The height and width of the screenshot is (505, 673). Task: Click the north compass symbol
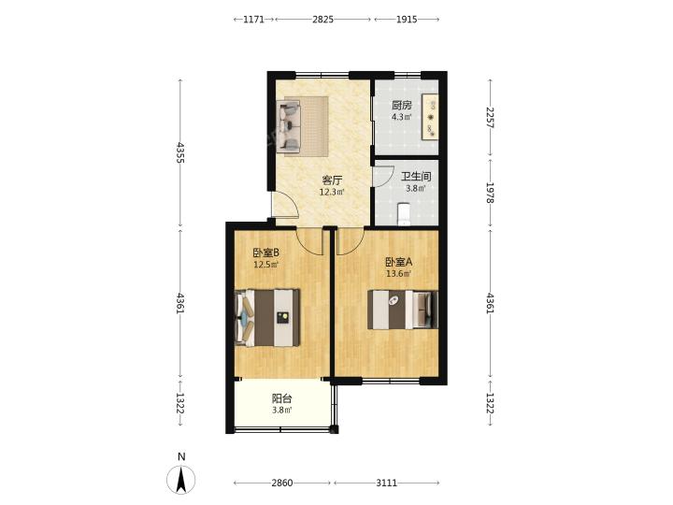point(181,479)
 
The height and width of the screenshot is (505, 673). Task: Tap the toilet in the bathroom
point(404,214)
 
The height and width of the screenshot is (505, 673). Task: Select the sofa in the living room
point(289,125)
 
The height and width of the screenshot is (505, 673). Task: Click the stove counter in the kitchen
point(430,116)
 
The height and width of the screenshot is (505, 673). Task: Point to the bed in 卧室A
point(403,310)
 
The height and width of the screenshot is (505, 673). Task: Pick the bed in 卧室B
point(267,317)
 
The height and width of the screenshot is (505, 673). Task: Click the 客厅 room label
point(332,180)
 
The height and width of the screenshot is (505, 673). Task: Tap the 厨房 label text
point(402,105)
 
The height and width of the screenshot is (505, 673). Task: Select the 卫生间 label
point(416,177)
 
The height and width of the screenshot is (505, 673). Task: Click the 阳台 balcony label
point(282,399)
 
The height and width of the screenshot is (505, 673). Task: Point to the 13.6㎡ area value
point(399,273)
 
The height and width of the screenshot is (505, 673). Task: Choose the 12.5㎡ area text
point(266,264)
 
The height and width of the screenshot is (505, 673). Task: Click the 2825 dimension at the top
point(322,20)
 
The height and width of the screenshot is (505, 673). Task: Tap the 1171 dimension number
point(253,20)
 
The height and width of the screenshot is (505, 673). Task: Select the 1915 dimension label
point(407,20)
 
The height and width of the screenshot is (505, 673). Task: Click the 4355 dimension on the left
point(180,152)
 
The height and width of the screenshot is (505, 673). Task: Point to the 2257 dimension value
point(490,117)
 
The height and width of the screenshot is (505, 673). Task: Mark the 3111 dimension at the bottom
point(387,483)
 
